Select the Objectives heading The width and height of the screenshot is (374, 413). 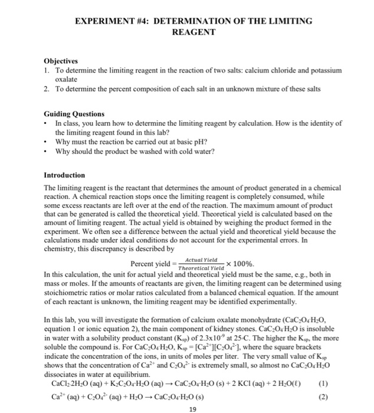tap(63, 61)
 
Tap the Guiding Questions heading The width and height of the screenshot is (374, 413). tap(74, 113)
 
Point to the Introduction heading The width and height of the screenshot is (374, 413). tap(64, 175)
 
